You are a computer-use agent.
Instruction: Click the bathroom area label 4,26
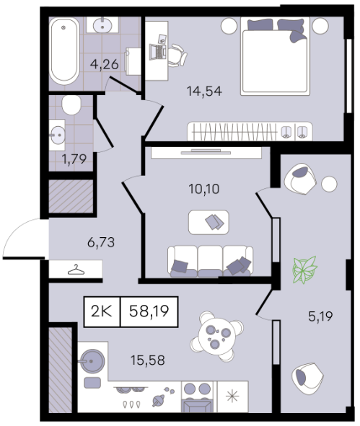pyautogui.click(x=105, y=65)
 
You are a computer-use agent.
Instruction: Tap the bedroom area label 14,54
pyautogui.click(x=204, y=91)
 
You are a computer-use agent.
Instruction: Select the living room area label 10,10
pyautogui.click(x=204, y=189)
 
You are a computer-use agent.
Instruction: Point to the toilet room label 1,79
pyautogui.click(x=74, y=159)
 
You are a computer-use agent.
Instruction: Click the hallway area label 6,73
pyautogui.click(x=101, y=242)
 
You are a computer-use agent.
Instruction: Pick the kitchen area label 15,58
pyautogui.click(x=148, y=360)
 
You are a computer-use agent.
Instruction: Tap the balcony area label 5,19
pyautogui.click(x=320, y=316)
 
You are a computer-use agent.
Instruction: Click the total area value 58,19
pyautogui.click(x=149, y=311)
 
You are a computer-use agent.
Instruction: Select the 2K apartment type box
pyautogui.click(x=102, y=311)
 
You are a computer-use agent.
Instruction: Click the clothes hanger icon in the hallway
pyautogui.click(x=76, y=270)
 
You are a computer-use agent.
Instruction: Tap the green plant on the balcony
pyautogui.click(x=304, y=270)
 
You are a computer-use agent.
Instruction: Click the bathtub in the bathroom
pyautogui.click(x=65, y=52)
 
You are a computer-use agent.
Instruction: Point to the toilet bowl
pyautogui.click(x=71, y=105)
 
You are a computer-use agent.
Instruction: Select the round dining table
pyautogui.click(x=216, y=337)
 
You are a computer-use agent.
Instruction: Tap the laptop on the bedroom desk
pyautogui.click(x=158, y=52)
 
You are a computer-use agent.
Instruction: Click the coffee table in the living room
pyautogui.click(x=208, y=222)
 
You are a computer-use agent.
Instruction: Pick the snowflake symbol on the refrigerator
pyautogui.click(x=233, y=396)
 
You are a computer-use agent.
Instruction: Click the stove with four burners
pyautogui.click(x=197, y=397)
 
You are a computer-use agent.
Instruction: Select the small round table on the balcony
pyautogui.click(x=329, y=184)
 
